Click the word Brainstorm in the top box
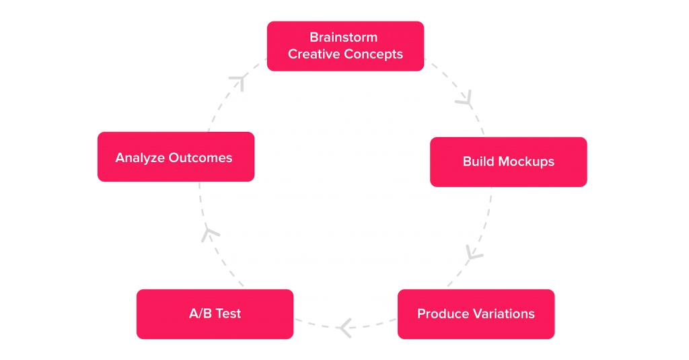[x=344, y=38]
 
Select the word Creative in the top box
[x=314, y=54]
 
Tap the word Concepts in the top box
[x=373, y=55]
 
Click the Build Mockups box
[x=509, y=161]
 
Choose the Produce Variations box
[x=476, y=314]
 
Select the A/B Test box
[x=215, y=314]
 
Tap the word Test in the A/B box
[x=229, y=314]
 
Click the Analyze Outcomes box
[x=176, y=157]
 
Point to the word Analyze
[x=140, y=158]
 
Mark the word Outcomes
[x=201, y=158]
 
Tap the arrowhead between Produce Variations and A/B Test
[x=345, y=328]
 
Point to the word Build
[x=478, y=161]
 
